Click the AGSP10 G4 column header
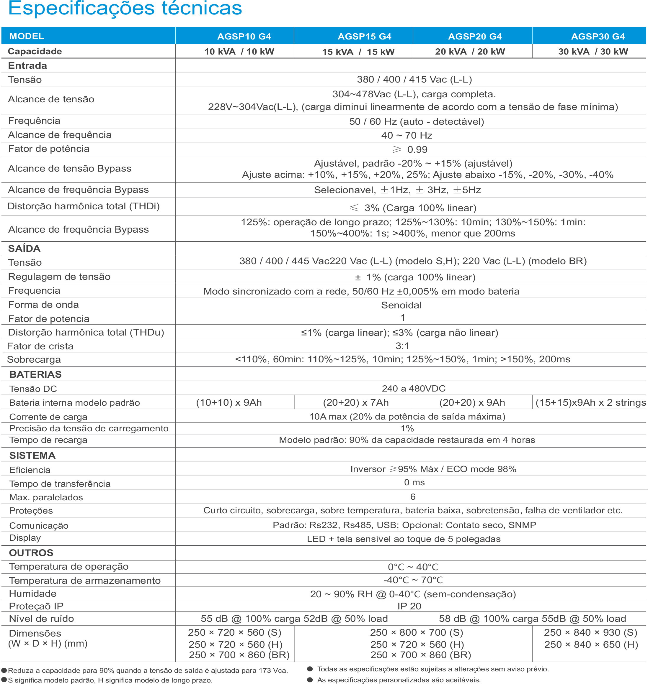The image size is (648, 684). click(x=244, y=36)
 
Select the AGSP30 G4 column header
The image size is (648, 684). click(x=598, y=36)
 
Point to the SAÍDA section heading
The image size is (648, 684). click(x=24, y=248)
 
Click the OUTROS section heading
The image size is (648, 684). click(x=31, y=553)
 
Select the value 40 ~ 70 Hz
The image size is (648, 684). click(x=407, y=135)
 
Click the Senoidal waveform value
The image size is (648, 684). click(x=401, y=305)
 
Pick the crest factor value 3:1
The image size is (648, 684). click(x=402, y=346)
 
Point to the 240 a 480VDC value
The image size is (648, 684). click(x=414, y=388)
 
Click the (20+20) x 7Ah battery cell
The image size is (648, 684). click(x=356, y=402)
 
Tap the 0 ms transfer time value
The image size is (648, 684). click(x=414, y=482)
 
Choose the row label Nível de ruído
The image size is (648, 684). click(x=41, y=619)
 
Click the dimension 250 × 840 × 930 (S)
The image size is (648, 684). click(x=590, y=632)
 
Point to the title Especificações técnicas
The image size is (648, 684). click(x=125, y=8)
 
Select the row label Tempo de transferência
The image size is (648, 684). click(x=60, y=484)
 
